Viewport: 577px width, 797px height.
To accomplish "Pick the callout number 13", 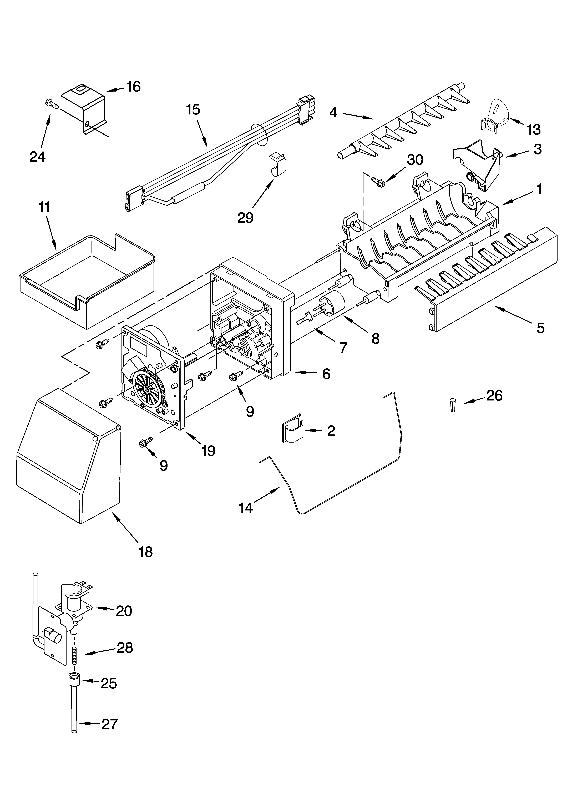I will click(x=533, y=130).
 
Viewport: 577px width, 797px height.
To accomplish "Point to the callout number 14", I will click(x=246, y=508).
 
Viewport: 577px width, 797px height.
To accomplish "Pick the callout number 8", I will click(x=375, y=338).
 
